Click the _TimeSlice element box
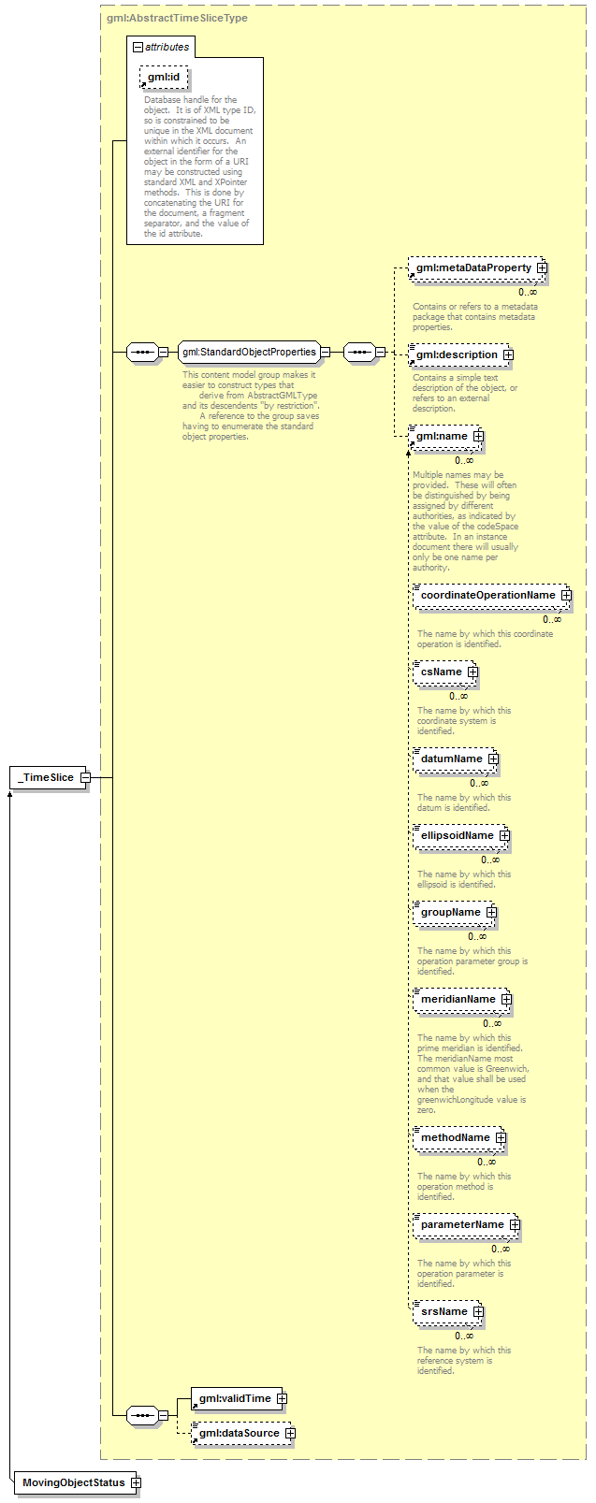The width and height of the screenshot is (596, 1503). (x=49, y=777)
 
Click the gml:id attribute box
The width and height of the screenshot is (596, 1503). (x=164, y=78)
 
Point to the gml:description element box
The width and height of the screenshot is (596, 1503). (x=459, y=354)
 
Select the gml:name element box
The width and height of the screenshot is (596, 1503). (x=445, y=436)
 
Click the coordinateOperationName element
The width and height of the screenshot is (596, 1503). (x=491, y=595)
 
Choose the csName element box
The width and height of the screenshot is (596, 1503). (x=445, y=672)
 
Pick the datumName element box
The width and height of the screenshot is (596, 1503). (x=455, y=759)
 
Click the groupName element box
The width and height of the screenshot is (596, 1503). (x=455, y=912)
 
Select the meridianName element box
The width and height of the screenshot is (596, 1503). (x=462, y=999)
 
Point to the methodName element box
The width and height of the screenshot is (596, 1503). (x=459, y=1137)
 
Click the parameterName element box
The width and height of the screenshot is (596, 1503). (x=466, y=1224)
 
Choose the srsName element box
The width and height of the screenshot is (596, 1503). (x=447, y=1311)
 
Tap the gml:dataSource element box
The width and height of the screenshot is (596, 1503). (x=242, y=1433)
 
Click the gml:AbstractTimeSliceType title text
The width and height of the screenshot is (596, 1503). (x=177, y=18)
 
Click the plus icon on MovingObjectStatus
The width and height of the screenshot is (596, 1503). (x=135, y=1482)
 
